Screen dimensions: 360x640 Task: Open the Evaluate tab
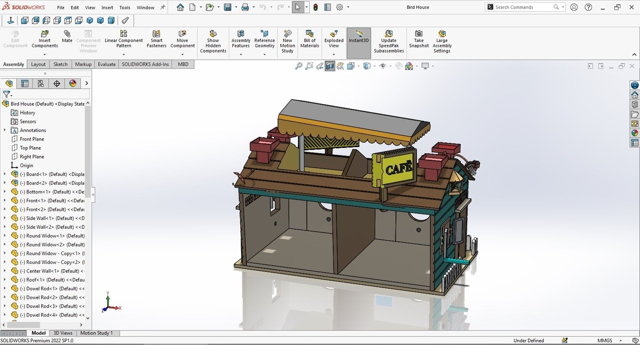click(107, 64)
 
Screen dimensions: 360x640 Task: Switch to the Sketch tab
click(60, 64)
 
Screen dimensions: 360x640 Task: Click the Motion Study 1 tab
click(96, 333)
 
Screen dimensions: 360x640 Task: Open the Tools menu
click(125, 7)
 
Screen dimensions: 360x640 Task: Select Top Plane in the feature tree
click(30, 148)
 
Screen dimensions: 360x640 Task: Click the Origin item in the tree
click(26, 165)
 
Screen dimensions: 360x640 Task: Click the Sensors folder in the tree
click(28, 121)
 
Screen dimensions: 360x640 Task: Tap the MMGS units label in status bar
click(605, 340)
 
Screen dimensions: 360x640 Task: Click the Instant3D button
click(358, 37)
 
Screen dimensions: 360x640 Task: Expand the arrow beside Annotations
click(5, 130)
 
